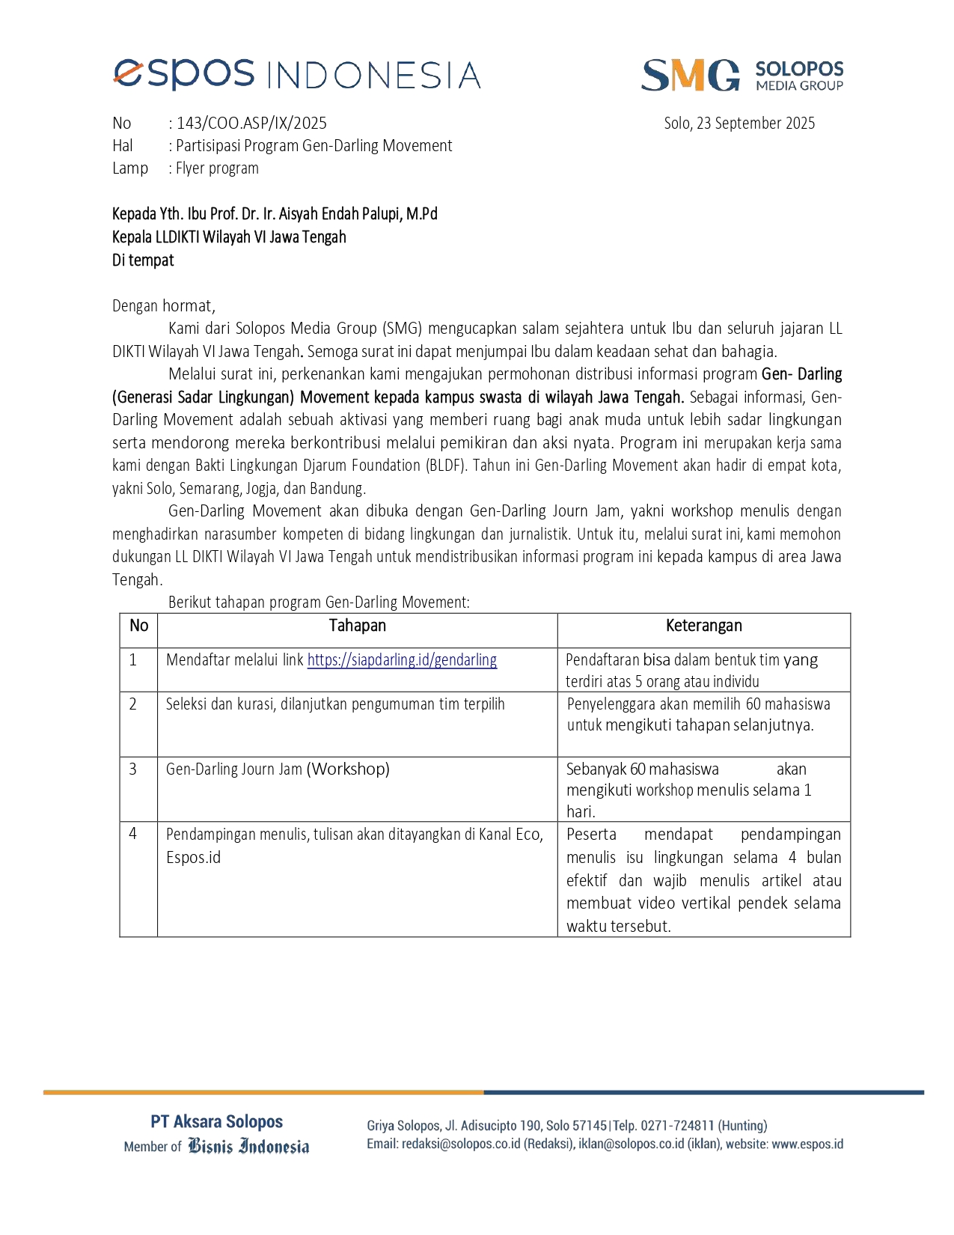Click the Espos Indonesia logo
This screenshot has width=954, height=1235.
click(296, 75)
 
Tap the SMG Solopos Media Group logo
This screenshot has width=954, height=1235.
click(742, 75)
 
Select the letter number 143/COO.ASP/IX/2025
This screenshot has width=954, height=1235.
click(251, 124)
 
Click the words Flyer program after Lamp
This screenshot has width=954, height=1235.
click(217, 168)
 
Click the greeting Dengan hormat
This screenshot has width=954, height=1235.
click(163, 305)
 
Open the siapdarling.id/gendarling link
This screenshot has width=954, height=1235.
click(402, 660)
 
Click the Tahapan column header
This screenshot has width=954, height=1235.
click(357, 626)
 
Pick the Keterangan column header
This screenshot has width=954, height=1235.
click(703, 626)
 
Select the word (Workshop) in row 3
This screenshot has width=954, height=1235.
click(348, 769)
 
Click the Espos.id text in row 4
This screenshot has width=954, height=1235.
click(193, 858)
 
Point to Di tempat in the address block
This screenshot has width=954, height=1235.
click(143, 260)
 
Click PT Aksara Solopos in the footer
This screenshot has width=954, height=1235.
click(216, 1121)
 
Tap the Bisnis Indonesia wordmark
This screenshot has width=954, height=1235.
click(248, 1147)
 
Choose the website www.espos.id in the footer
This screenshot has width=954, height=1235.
click(807, 1144)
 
